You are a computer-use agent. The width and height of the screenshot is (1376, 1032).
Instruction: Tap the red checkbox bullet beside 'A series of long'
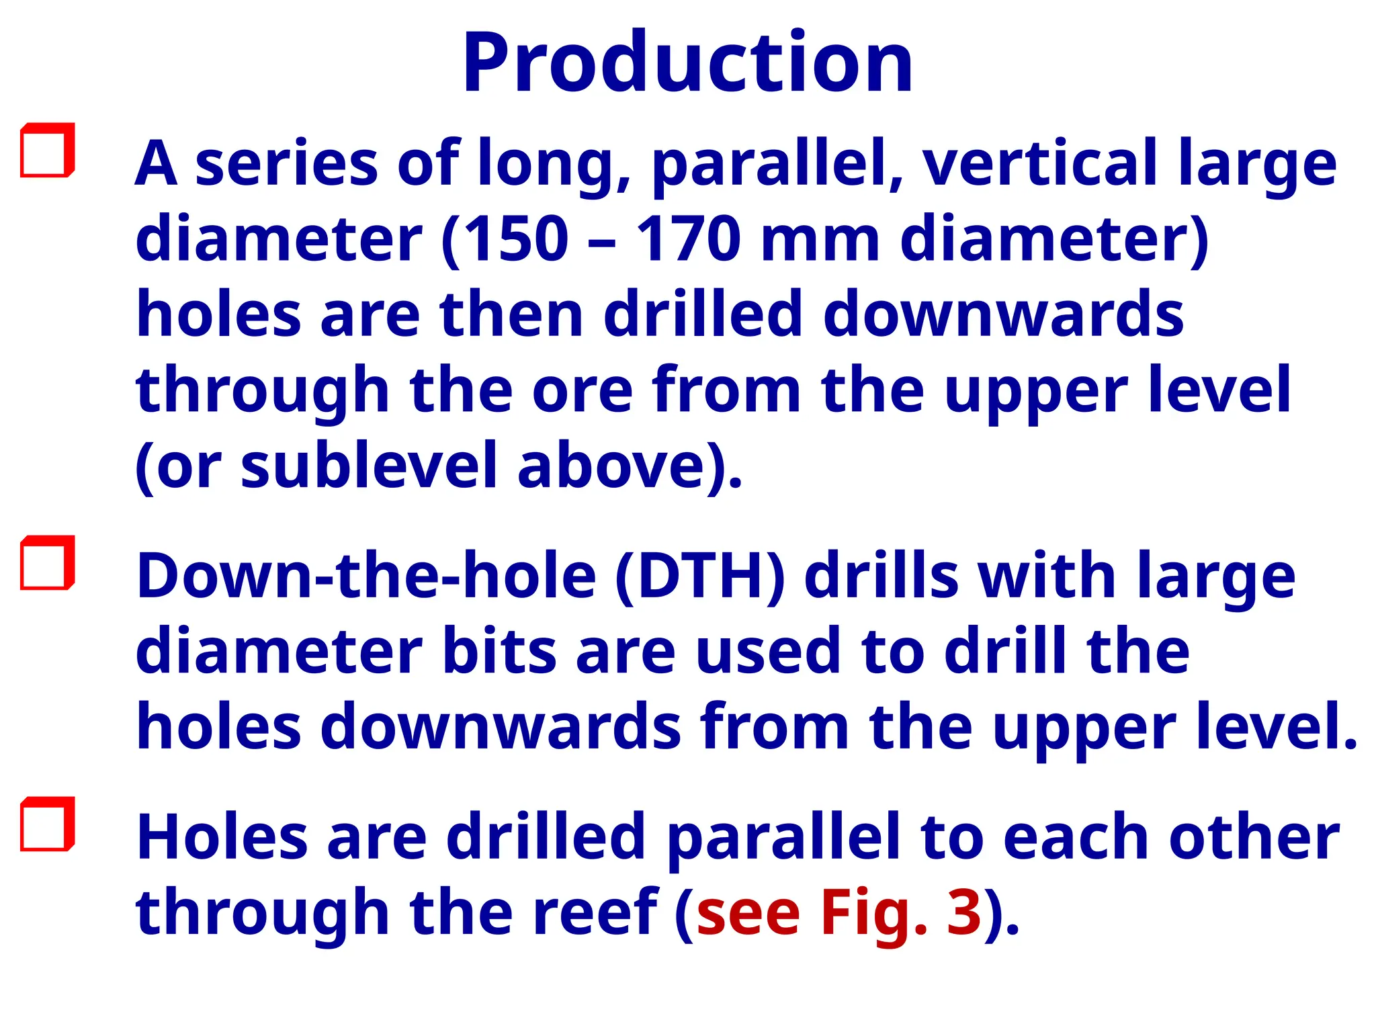(x=46, y=150)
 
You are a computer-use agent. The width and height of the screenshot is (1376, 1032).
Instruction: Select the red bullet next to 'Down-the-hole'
(x=46, y=563)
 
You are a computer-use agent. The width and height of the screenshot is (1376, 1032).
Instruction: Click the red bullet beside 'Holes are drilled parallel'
(x=46, y=824)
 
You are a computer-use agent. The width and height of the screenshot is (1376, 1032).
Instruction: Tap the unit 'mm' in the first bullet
(x=820, y=241)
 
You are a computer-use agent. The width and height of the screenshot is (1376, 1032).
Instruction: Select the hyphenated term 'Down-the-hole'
(x=366, y=576)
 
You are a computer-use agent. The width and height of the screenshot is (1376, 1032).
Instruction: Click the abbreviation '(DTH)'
(x=699, y=576)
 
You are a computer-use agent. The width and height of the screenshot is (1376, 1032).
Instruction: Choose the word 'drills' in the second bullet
(x=881, y=576)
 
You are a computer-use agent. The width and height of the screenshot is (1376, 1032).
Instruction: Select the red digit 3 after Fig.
(x=964, y=912)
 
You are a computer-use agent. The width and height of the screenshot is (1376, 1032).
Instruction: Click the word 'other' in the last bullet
(x=1254, y=837)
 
